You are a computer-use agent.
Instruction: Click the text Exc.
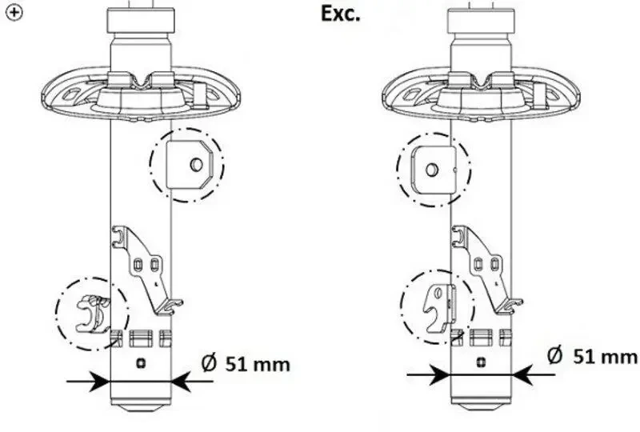(341, 14)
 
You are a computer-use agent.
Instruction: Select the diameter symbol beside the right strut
(555, 354)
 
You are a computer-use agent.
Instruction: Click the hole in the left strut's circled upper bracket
(195, 165)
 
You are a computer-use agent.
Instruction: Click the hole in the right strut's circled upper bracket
(430, 169)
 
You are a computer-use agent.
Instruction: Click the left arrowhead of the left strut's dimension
(101, 382)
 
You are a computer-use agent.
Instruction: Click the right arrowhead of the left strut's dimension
(178, 382)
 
